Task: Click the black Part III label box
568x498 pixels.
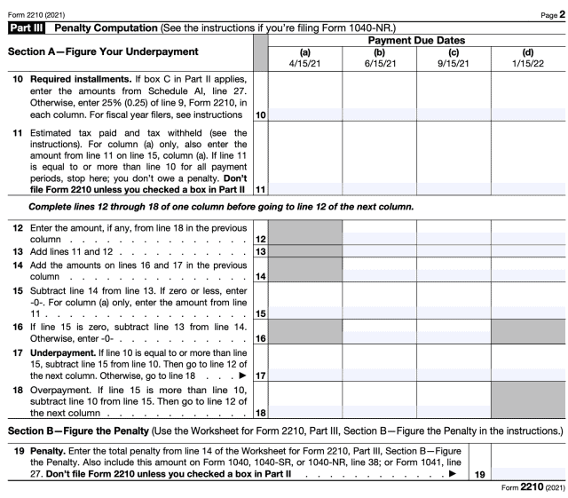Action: pos(28,29)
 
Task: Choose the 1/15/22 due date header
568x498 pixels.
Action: pos(528,64)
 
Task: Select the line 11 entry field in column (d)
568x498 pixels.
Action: pos(528,188)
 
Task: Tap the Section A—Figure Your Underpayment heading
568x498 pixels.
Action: pos(103,52)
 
